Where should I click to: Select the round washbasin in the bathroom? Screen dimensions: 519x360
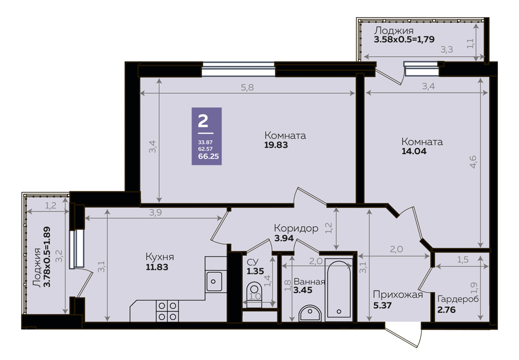[x=310, y=313]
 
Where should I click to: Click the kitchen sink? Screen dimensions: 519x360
[x=214, y=281]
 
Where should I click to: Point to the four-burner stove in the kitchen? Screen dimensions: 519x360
[x=167, y=311]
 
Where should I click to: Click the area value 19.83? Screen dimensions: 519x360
[x=276, y=145]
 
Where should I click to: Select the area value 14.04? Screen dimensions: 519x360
[x=414, y=152]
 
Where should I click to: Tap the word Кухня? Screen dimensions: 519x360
[x=160, y=257]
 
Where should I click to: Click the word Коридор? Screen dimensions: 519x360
[x=296, y=228]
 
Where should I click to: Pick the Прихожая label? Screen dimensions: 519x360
[x=398, y=295]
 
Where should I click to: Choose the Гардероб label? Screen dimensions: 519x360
[x=458, y=299]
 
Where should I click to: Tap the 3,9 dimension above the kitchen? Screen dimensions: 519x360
[x=155, y=212]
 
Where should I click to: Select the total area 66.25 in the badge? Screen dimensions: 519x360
[x=208, y=156]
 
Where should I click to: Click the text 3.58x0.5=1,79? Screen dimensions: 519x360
[x=404, y=40]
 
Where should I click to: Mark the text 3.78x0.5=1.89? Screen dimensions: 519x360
[x=47, y=257]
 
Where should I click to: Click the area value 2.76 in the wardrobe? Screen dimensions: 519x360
[x=447, y=310]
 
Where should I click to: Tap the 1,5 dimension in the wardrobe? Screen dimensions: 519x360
[x=463, y=260]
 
